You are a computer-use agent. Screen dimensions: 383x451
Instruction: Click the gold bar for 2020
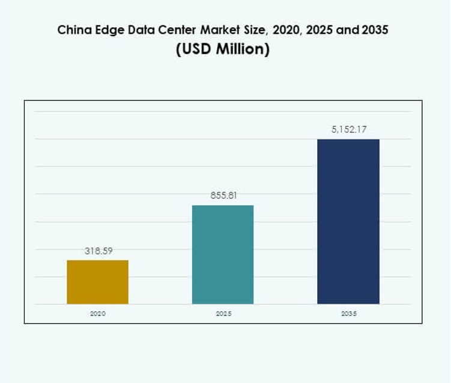point(97,282)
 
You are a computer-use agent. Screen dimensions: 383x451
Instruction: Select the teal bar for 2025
point(223,254)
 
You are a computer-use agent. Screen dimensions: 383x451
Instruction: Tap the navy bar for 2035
point(348,221)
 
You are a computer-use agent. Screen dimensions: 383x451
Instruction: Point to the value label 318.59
point(98,251)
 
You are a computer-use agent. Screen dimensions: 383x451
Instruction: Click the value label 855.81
point(223,196)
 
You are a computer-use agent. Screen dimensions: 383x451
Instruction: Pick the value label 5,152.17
point(348,129)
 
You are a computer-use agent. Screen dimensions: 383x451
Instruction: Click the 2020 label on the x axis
point(97,314)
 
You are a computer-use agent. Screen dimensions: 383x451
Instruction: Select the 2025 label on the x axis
point(223,314)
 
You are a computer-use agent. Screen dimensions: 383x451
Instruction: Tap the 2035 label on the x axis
point(348,314)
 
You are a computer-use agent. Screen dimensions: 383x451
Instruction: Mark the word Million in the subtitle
point(243,50)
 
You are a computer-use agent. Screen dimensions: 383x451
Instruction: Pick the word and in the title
point(345,30)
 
